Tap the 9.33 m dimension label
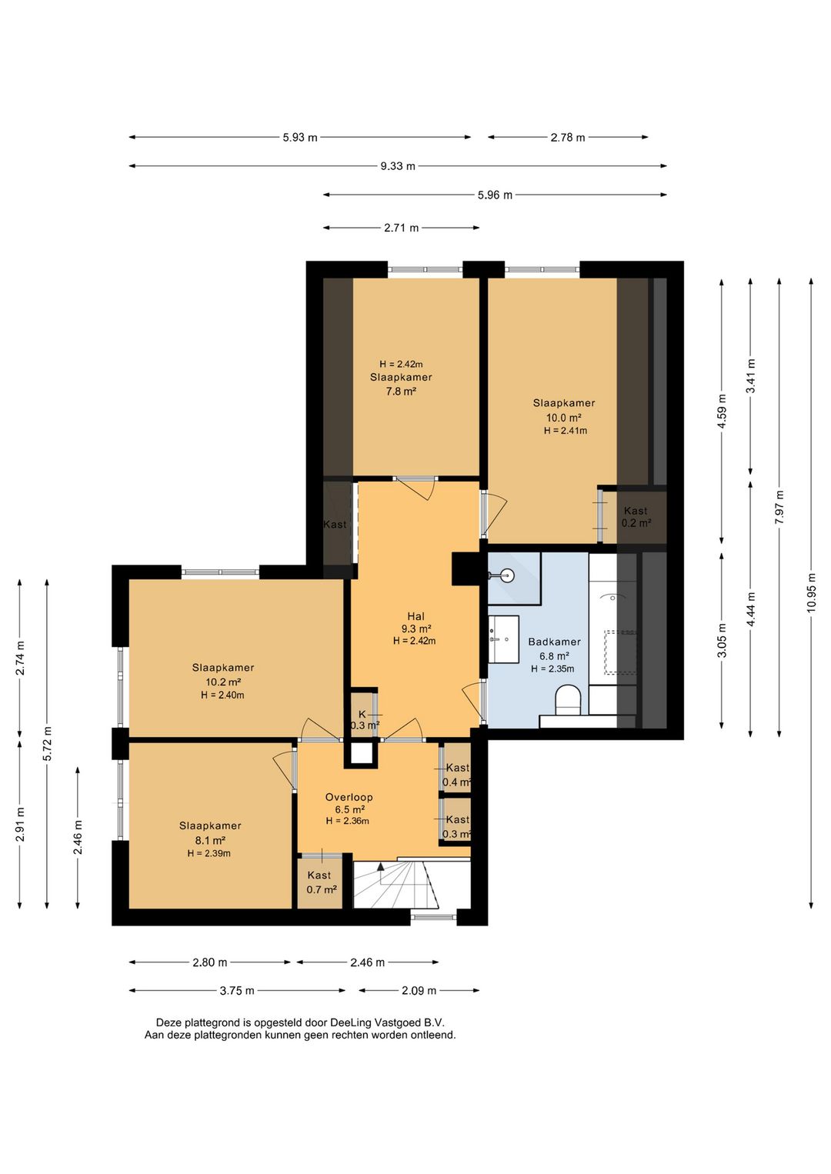click(x=398, y=166)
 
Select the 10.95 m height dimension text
click(x=812, y=592)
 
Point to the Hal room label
click(x=415, y=615)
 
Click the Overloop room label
click(x=349, y=797)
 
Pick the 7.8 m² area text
click(x=401, y=391)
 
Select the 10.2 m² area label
click(x=223, y=682)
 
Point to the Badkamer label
click(x=554, y=642)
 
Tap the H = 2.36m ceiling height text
click(x=347, y=821)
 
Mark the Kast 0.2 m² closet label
click(x=636, y=516)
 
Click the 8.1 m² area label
click(x=210, y=840)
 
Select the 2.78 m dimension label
click(x=568, y=138)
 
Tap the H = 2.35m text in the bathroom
click(x=552, y=669)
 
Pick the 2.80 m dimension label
click(x=210, y=962)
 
